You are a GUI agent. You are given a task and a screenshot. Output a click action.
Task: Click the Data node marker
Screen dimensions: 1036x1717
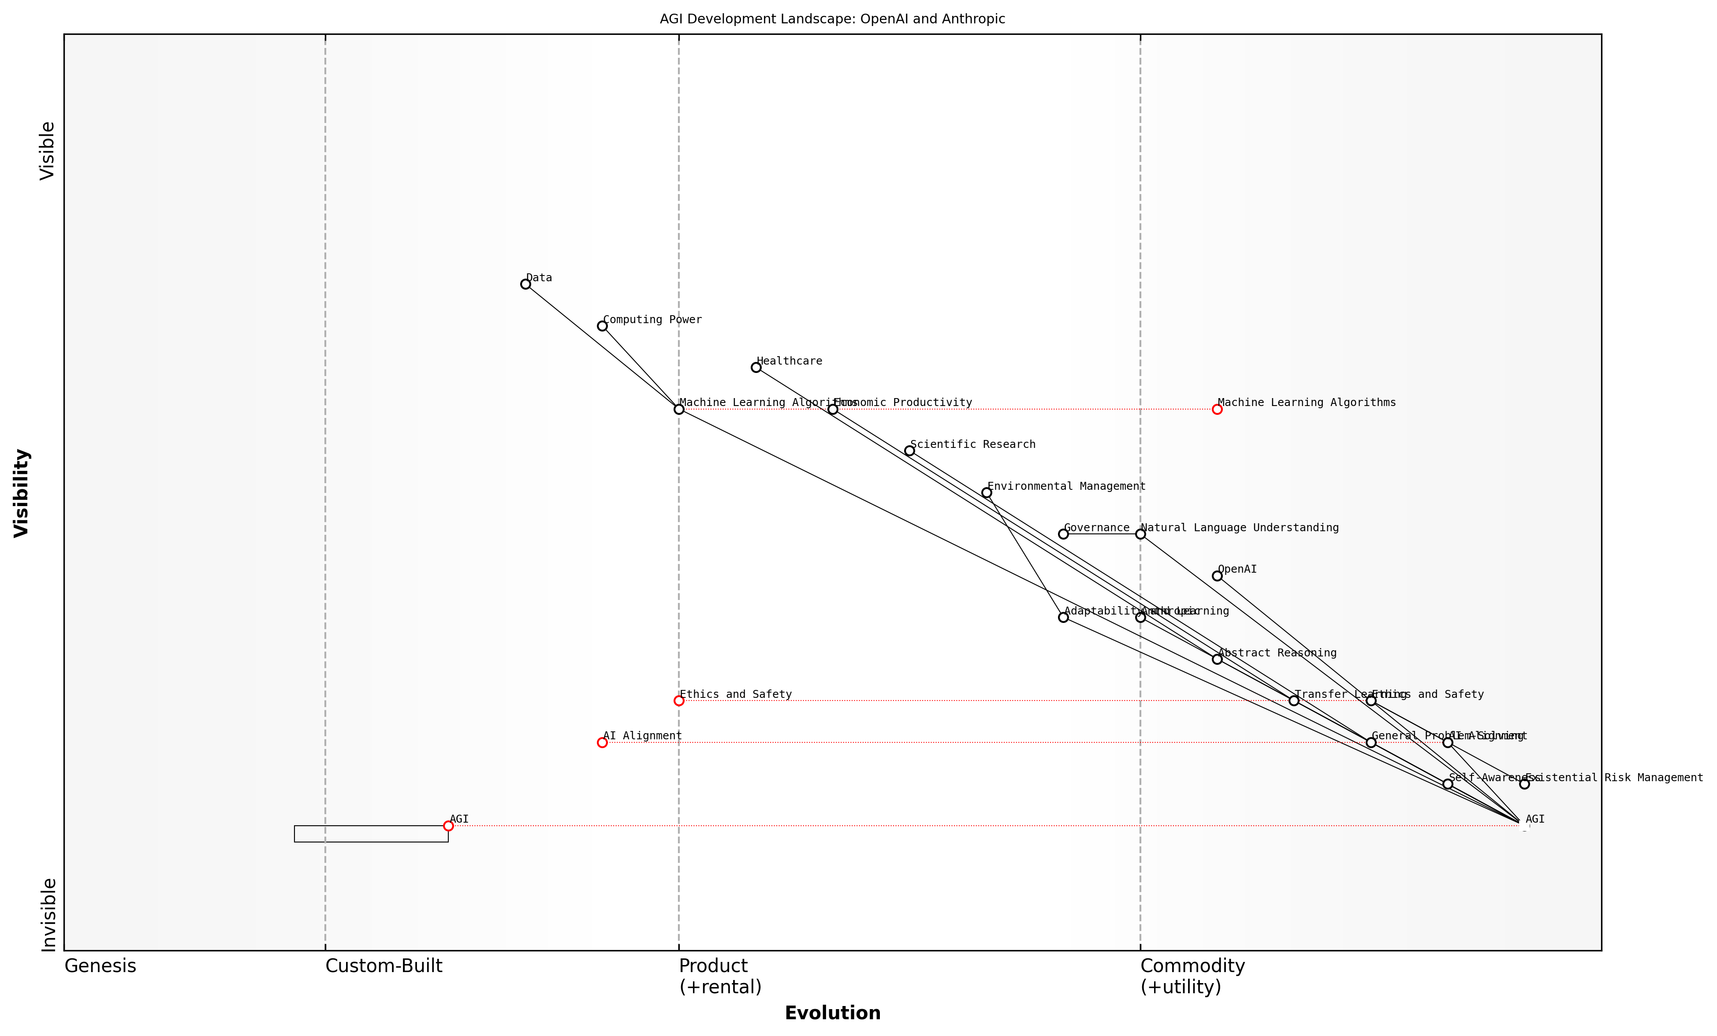(x=525, y=284)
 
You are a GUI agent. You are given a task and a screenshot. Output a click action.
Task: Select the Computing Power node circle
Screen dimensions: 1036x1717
(x=602, y=326)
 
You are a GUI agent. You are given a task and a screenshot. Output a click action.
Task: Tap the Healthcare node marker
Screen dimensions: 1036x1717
(x=756, y=367)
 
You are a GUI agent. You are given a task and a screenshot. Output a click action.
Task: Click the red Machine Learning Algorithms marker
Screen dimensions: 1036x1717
(x=1217, y=410)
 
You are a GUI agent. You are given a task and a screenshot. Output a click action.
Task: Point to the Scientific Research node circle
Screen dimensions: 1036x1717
(x=909, y=451)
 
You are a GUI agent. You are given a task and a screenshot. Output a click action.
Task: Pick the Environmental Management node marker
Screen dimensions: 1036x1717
(x=986, y=492)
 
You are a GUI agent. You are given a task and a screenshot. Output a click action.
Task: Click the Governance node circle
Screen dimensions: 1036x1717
(x=1063, y=534)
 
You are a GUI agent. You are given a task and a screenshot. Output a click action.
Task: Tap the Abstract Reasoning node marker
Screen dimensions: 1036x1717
(x=1217, y=659)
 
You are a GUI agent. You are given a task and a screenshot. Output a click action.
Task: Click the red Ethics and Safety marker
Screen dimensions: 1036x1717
(x=679, y=701)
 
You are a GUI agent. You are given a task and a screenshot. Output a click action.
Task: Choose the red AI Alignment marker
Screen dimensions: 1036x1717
(x=602, y=743)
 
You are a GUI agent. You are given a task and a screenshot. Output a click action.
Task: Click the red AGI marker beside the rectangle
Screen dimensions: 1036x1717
(x=448, y=826)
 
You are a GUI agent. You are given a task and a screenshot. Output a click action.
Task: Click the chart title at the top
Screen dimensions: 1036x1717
(x=832, y=19)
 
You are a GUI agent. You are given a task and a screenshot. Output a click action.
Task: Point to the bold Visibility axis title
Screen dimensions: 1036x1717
(x=22, y=492)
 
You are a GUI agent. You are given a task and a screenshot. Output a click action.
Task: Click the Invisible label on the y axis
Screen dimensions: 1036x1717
(x=48, y=915)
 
